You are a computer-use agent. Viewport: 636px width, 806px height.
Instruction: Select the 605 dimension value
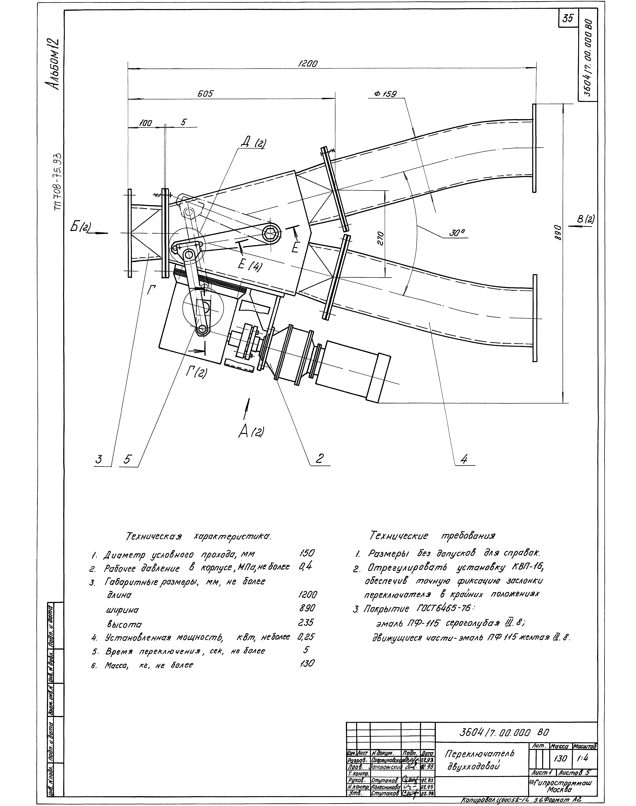205,94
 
